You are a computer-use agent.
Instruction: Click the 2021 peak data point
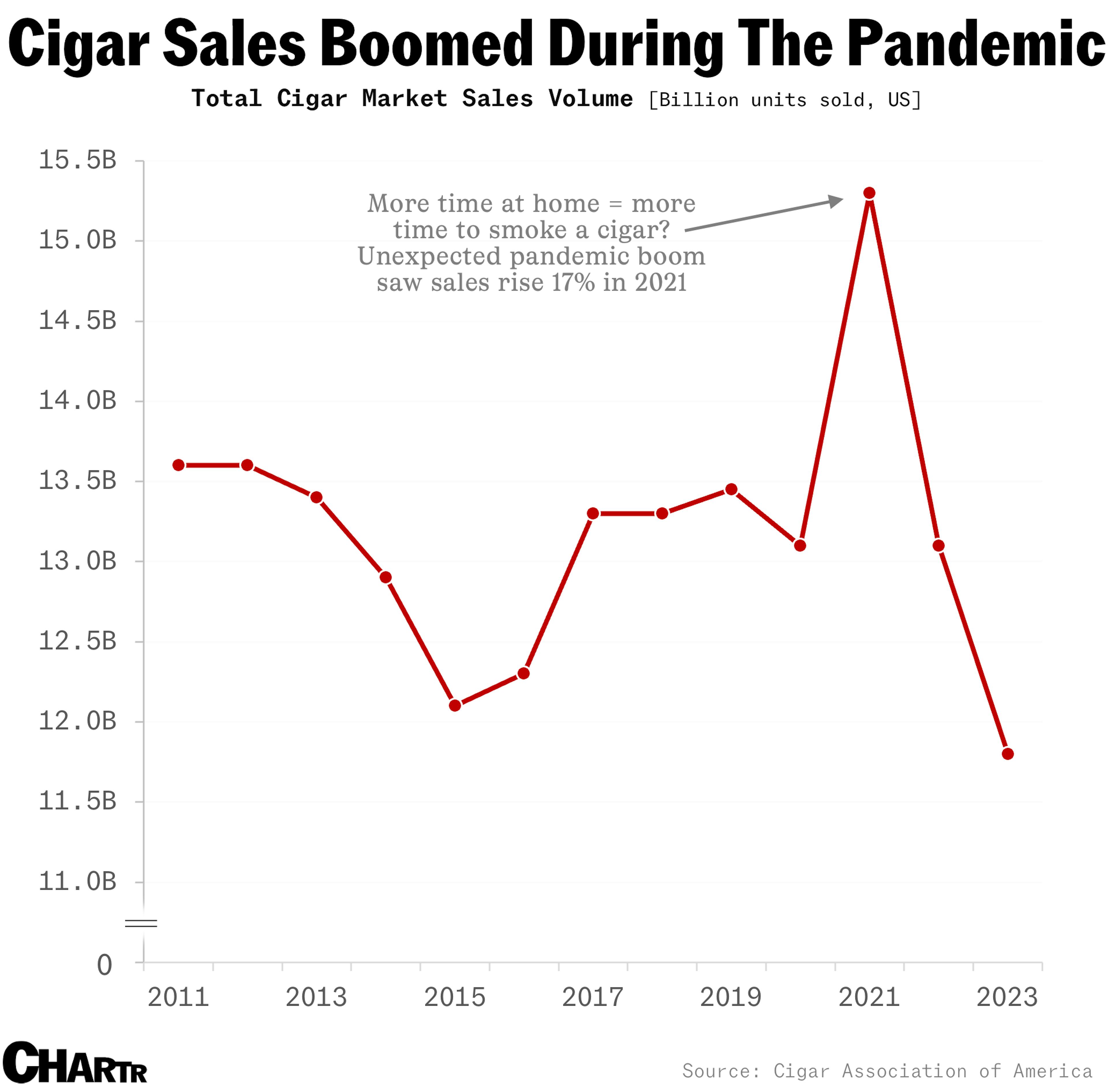tap(869, 193)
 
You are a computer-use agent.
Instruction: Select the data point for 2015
tap(454, 706)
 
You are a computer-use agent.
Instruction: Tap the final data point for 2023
tap(1008, 754)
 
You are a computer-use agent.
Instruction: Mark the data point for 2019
tap(731, 489)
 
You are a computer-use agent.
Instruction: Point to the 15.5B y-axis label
tap(77, 160)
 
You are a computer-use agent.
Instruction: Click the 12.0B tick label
tap(77, 722)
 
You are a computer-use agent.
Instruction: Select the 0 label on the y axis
tap(104, 966)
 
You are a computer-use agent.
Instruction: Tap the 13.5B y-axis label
tap(77, 481)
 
